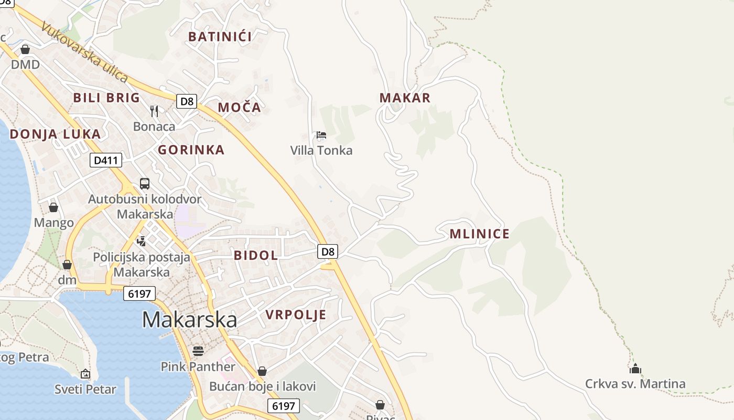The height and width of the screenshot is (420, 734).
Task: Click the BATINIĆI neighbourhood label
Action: tap(220, 37)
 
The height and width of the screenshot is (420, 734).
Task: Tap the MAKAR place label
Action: tap(405, 98)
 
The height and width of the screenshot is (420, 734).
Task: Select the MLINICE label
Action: tap(479, 234)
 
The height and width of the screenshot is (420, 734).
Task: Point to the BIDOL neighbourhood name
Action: tap(255, 256)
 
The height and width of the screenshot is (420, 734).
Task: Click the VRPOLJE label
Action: tap(296, 315)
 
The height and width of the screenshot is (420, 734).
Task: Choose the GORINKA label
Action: tap(191, 150)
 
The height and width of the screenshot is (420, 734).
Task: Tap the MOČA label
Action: tap(239, 108)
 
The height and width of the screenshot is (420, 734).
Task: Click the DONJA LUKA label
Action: tap(55, 134)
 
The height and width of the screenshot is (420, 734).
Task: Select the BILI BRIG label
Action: tap(106, 98)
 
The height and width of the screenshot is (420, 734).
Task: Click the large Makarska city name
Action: tap(189, 320)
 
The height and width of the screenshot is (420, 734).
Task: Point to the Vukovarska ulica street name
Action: tap(84, 52)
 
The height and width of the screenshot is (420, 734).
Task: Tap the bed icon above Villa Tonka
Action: tap(321, 135)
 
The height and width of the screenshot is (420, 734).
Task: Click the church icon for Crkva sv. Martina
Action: tap(635, 369)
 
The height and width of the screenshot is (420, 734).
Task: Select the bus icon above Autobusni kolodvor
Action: tap(144, 184)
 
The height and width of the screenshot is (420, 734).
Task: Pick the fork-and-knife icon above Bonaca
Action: tap(154, 111)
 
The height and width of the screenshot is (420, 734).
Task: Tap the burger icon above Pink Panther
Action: tap(198, 350)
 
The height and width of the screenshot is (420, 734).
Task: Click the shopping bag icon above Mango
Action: tap(53, 207)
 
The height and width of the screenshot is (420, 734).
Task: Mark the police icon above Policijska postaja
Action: tap(141, 241)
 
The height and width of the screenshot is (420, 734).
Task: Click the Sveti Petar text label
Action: tap(85, 390)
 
